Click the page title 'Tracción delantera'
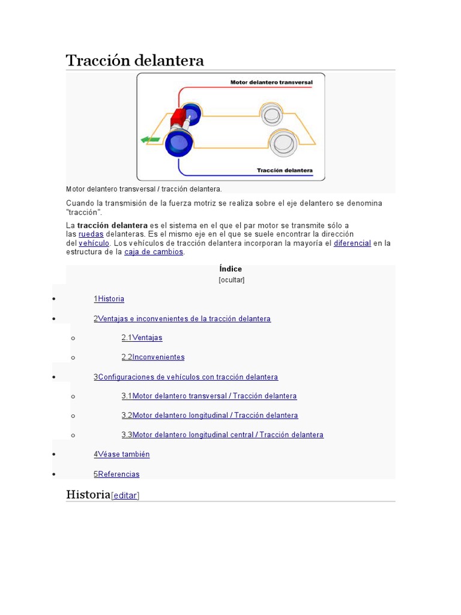pyautogui.click(x=134, y=61)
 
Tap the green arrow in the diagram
pyautogui.click(x=149, y=139)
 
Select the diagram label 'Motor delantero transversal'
pyautogui.click(x=271, y=82)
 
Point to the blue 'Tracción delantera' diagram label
pyautogui.click(x=285, y=171)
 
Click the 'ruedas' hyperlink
pyautogui.click(x=91, y=234)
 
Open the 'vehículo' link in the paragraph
pyautogui.click(x=94, y=243)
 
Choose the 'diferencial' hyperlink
pyautogui.click(x=352, y=243)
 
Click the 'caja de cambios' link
pyautogui.click(x=154, y=252)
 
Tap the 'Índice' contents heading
pyautogui.click(x=230, y=269)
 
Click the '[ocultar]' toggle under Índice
pyautogui.click(x=231, y=280)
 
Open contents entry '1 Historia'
pyautogui.click(x=109, y=298)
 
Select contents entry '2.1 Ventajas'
pyautogui.click(x=142, y=338)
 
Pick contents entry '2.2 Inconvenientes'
pyautogui.click(x=153, y=357)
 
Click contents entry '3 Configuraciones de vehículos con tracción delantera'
pyautogui.click(x=186, y=377)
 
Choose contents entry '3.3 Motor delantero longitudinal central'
pyautogui.click(x=223, y=435)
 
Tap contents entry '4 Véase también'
pyautogui.click(x=122, y=454)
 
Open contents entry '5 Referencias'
pyautogui.click(x=116, y=474)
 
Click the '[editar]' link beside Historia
pyautogui.click(x=125, y=495)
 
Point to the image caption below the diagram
pyautogui.click(x=144, y=189)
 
